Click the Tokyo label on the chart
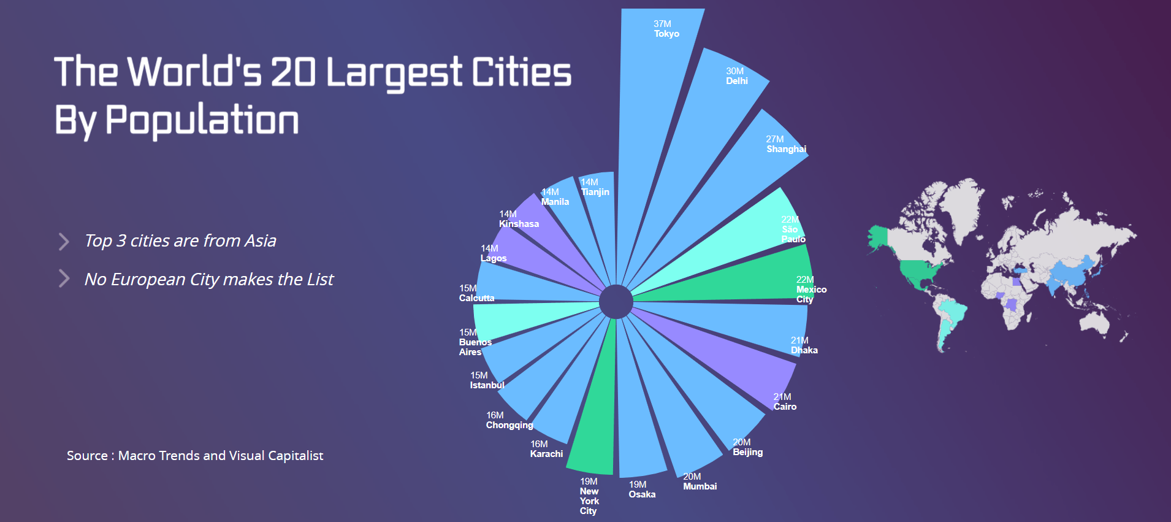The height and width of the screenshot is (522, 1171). pos(666,34)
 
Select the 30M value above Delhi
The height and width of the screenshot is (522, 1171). pos(734,71)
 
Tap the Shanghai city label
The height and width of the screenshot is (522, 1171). pos(786,149)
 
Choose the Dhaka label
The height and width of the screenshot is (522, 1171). pos(804,350)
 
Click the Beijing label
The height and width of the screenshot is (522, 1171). pos(747,452)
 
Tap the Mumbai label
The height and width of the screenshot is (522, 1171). pos(700,486)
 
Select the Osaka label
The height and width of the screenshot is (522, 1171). pos(642,494)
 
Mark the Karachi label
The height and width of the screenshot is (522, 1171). pos(546,454)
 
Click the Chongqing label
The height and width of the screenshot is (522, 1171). pos(509,425)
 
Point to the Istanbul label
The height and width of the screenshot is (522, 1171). pos(487,385)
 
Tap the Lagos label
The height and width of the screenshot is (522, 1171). pos(494,258)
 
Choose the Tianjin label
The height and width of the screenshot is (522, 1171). pos(595,192)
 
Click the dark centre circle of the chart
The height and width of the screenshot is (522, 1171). pos(616,301)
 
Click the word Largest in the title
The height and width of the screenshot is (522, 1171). pos(393,72)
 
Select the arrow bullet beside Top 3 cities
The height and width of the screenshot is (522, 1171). pos(64,241)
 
